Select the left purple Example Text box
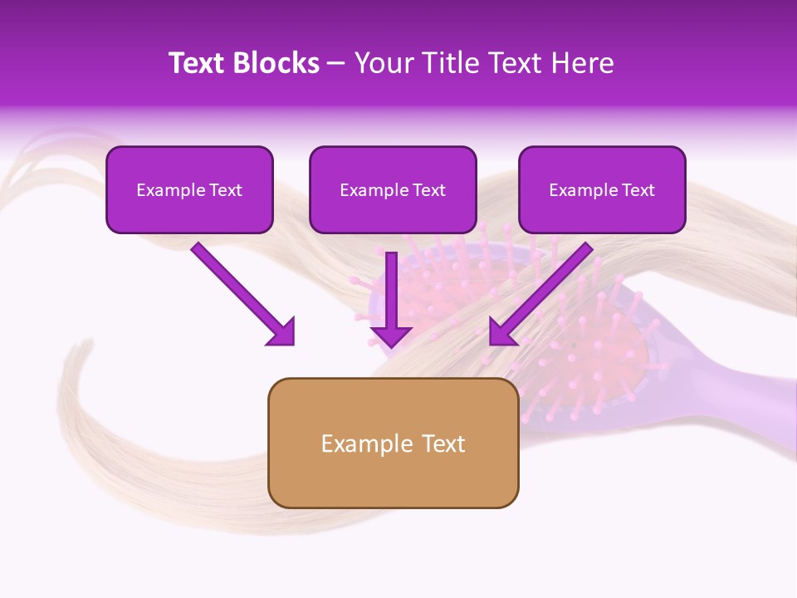tap(189, 189)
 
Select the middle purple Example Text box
tap(393, 189)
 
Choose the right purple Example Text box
tap(602, 189)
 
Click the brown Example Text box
tap(393, 443)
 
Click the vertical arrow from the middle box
tap(391, 291)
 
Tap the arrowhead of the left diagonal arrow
tap(282, 332)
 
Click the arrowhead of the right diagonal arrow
tap(502, 332)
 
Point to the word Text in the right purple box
tap(638, 190)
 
